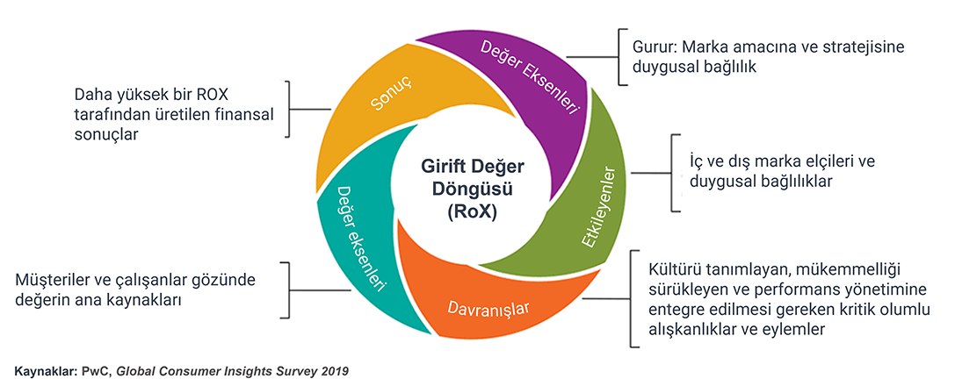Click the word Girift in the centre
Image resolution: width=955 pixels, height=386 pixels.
(x=438, y=167)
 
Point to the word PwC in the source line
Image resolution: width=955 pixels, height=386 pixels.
(x=98, y=371)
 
